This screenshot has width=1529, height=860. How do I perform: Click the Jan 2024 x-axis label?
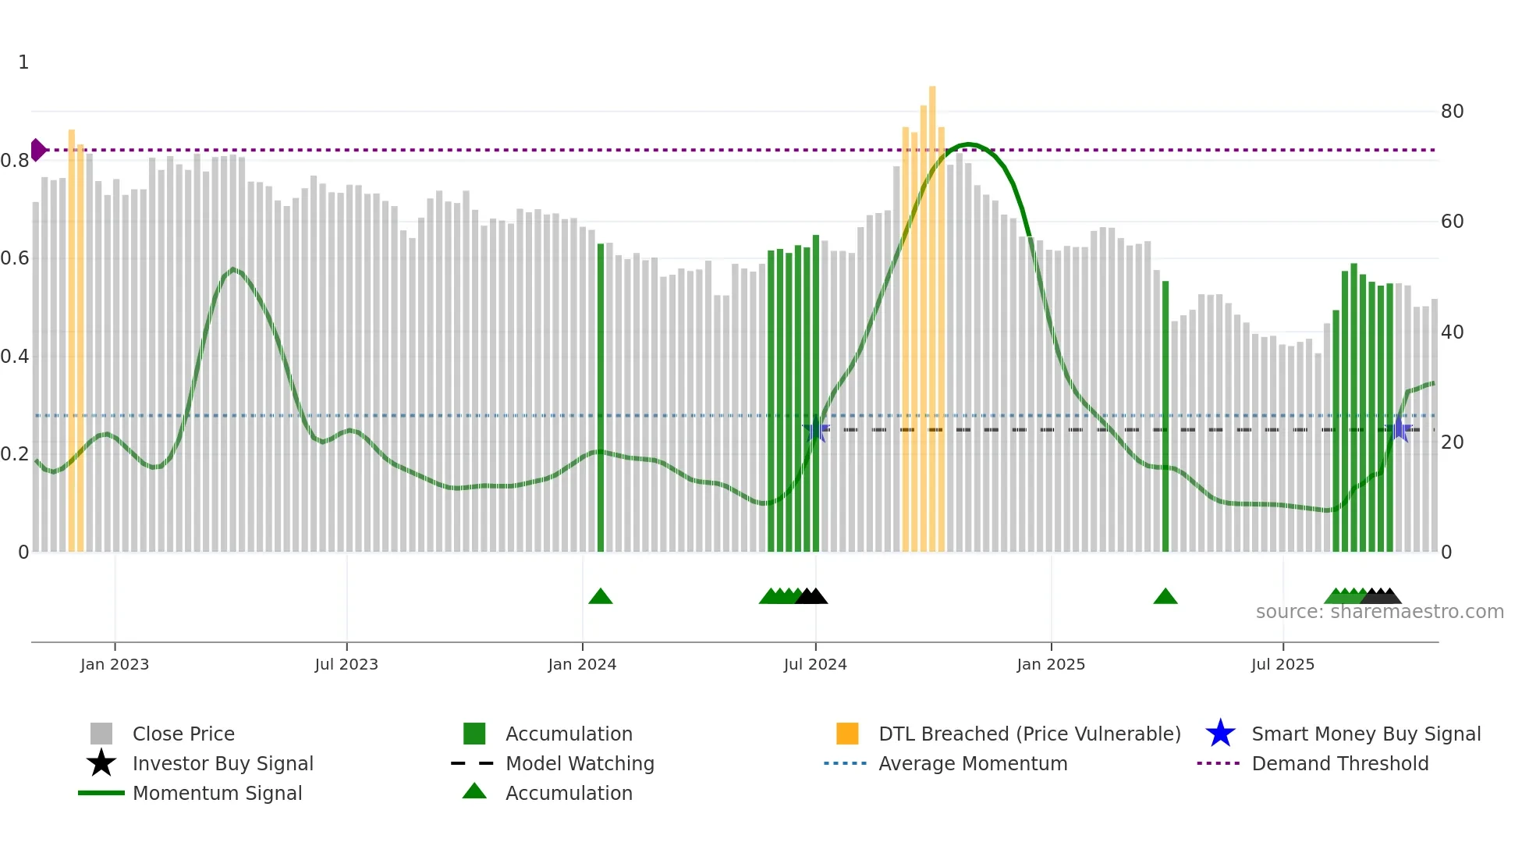pos(582,664)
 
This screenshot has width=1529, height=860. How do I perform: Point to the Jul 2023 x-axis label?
pos(346,664)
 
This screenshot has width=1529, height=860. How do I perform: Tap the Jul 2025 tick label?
pos(1282,664)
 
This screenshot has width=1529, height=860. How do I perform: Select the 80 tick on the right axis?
pos(1452,112)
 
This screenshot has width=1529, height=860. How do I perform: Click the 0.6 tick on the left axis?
pos(15,258)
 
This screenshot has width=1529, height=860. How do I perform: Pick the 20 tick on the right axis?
pos(1452,442)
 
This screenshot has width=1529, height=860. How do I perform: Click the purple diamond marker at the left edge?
pos(37,149)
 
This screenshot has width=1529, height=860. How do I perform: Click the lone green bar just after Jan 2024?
pos(601,398)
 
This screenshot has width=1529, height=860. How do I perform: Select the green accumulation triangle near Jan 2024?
pos(601,597)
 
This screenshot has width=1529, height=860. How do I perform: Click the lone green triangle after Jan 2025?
pos(1165,597)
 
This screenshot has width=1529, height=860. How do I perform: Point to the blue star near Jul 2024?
pos(816,429)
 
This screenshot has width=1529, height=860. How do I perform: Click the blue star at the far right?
pos(1400,429)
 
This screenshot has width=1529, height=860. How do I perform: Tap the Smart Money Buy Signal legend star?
pos(1220,734)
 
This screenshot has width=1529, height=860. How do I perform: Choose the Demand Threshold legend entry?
pos(1339,763)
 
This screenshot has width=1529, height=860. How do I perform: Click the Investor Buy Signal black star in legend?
pos(101,763)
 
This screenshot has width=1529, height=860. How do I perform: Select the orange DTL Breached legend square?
pos(847,734)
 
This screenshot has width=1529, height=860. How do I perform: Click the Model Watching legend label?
pos(580,763)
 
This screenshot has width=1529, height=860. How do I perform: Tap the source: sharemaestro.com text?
pos(1379,612)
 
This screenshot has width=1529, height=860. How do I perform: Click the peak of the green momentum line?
pos(968,144)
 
